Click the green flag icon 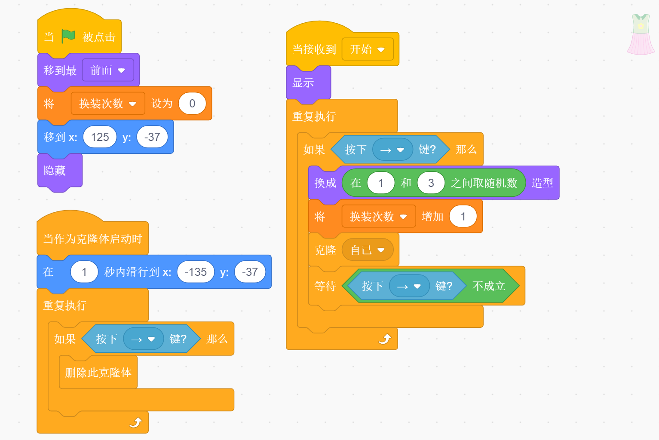[x=68, y=37]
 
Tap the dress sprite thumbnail [x=641, y=34]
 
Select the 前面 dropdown [x=107, y=70]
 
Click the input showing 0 [x=192, y=104]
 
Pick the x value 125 [x=100, y=137]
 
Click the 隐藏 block [x=55, y=171]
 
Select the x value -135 [x=195, y=272]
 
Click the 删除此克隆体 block [x=98, y=373]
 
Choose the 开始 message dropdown [x=367, y=49]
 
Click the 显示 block [x=303, y=82]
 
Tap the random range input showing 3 [x=431, y=183]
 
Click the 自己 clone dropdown [x=367, y=250]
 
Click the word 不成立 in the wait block [x=488, y=286]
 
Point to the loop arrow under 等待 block [x=385, y=339]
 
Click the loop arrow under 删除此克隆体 [x=135, y=423]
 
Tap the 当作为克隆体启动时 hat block [x=92, y=238]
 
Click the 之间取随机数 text [x=484, y=183]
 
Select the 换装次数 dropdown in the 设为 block [x=107, y=104]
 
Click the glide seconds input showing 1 [x=84, y=272]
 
